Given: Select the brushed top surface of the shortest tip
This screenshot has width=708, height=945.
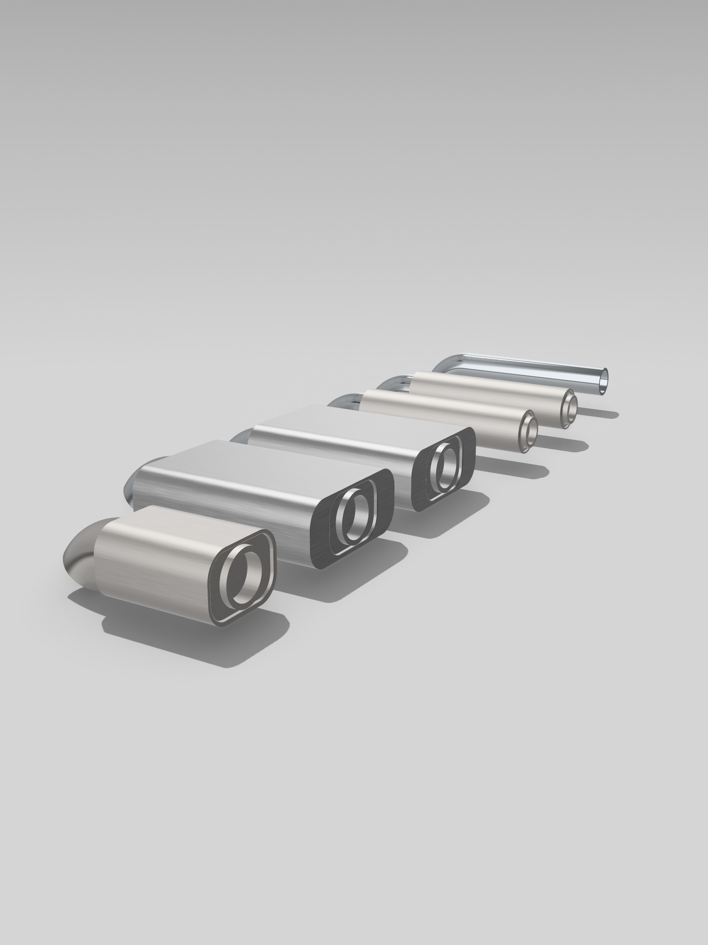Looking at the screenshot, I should [171, 530].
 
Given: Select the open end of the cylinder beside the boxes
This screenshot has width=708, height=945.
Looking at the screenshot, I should [529, 431].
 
